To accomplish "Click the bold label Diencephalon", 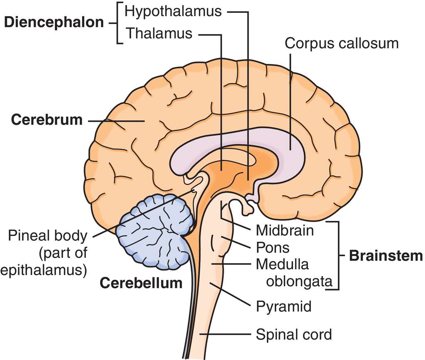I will (x=54, y=22).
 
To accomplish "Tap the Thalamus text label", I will (x=159, y=33).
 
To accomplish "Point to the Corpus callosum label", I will (x=342, y=43).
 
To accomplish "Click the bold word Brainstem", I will (x=386, y=255).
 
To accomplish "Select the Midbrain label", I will (x=285, y=230).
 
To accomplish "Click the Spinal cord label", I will (x=293, y=334).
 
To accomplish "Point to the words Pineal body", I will (x=48, y=236).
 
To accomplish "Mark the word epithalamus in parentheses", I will (x=43, y=269).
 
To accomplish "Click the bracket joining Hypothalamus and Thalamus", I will (x=119, y=22).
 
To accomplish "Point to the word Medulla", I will (x=282, y=264).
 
